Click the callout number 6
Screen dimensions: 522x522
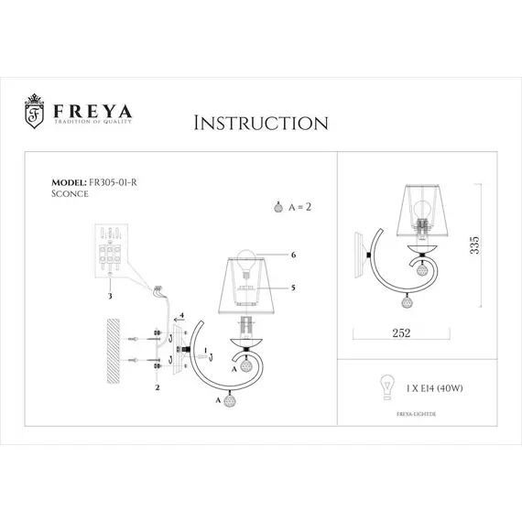click(294, 256)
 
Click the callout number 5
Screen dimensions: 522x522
click(294, 288)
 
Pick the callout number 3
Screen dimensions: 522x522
click(110, 297)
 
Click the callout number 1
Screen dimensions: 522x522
click(208, 350)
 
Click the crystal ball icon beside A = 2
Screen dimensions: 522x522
click(280, 207)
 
